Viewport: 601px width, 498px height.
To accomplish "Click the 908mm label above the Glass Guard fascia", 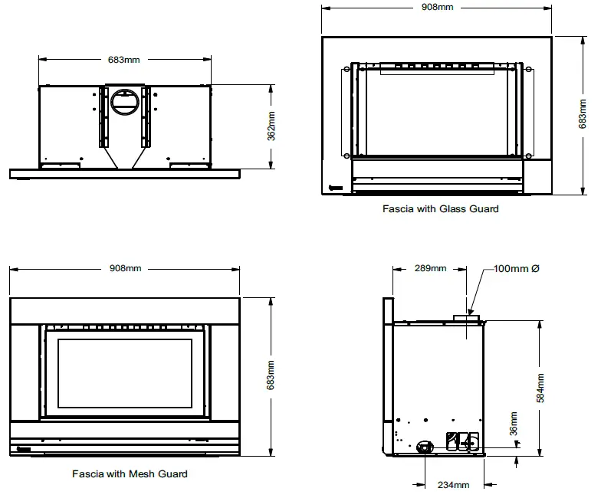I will (x=437, y=8).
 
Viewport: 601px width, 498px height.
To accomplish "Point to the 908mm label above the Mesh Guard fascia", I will (x=125, y=268).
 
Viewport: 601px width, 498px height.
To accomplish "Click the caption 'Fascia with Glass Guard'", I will (x=440, y=208).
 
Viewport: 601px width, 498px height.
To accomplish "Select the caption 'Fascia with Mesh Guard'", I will (x=130, y=473).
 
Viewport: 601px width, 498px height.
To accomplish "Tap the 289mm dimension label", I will (x=430, y=268).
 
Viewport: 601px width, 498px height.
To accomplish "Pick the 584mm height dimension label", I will (x=540, y=388).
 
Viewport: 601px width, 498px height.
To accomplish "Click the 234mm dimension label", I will (x=453, y=484).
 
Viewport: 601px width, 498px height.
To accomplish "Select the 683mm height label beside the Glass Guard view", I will (x=583, y=114).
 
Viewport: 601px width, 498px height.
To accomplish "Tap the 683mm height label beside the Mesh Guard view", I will (x=271, y=375).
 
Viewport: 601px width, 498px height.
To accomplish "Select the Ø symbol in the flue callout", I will (x=535, y=268).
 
